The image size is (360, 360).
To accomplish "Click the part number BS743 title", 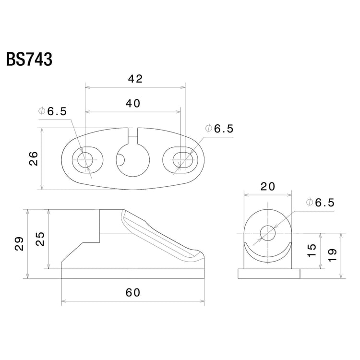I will (29, 60).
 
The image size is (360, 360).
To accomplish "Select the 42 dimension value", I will (135, 79).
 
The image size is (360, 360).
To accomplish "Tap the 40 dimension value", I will (133, 103).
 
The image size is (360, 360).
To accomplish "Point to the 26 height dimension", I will (34, 158).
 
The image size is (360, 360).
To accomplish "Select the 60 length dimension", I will (133, 292).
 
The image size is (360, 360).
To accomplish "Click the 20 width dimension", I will (268, 186).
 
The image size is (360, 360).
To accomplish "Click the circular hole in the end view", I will (268, 234).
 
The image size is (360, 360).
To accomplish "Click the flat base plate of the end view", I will (269, 274).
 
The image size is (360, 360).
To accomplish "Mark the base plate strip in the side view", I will (133, 274).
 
